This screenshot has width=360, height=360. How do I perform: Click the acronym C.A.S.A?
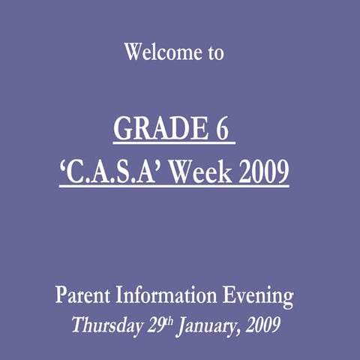click(113, 173)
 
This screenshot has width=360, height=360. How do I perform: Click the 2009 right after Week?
click(262, 173)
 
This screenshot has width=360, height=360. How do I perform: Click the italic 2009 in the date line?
click(264, 326)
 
